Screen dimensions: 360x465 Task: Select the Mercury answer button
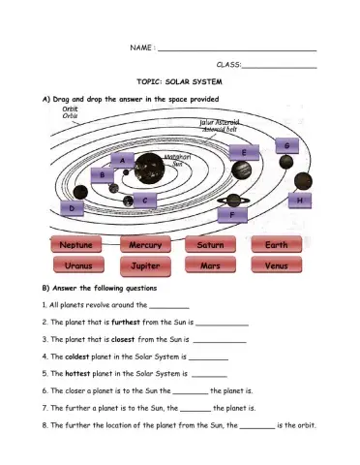coord(145,245)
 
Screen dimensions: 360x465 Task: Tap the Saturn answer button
coord(210,245)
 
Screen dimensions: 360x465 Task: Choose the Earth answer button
coord(276,245)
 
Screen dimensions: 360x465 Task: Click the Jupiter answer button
coord(145,264)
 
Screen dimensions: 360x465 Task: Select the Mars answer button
coord(210,264)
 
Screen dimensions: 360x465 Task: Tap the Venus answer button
coord(276,264)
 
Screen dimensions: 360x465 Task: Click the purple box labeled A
coord(123,159)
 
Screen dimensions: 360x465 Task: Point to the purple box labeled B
coord(103,174)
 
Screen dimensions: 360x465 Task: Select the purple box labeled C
coord(143,200)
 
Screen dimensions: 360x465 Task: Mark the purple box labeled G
coord(286,145)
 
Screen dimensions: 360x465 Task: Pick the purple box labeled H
coord(300,200)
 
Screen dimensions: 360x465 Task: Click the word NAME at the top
coord(140,48)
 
